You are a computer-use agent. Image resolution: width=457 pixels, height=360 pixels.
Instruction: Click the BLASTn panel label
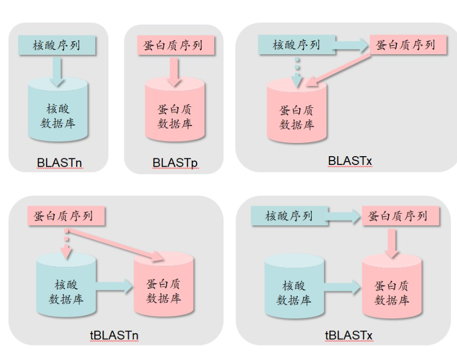pos(58,163)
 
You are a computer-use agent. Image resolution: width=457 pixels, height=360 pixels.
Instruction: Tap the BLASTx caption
pos(350,161)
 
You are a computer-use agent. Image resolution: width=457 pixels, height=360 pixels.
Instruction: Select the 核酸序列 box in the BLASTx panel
pos(296,45)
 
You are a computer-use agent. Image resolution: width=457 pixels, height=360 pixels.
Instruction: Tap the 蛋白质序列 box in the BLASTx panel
pos(406,45)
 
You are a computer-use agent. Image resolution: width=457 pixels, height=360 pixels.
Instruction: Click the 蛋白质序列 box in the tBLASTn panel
pos(65,216)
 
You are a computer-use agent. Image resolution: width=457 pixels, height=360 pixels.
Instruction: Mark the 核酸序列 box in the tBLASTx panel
pos(289,216)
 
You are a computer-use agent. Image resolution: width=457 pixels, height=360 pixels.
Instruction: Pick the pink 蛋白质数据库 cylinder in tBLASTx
pos(392,290)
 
